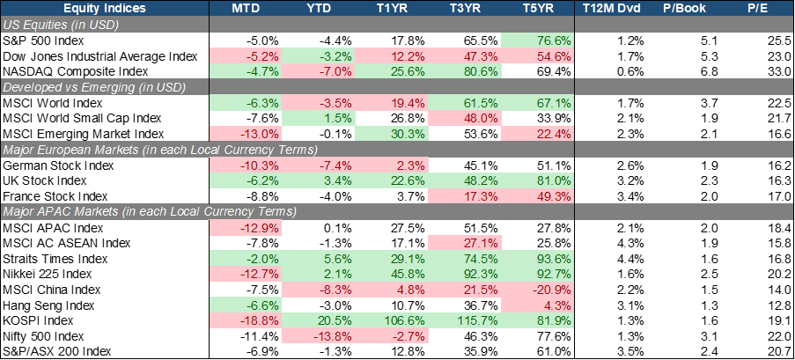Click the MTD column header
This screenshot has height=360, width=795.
tap(245, 8)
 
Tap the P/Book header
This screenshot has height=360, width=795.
tap(682, 8)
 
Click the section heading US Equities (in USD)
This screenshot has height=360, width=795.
tap(62, 25)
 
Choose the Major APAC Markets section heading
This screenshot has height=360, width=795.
tap(150, 211)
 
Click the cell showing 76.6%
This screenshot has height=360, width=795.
tap(555, 40)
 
